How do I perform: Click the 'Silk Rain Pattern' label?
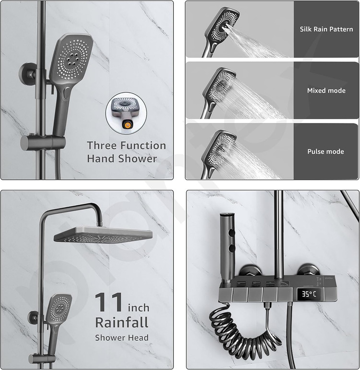(326, 29)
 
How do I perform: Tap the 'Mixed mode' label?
(326, 91)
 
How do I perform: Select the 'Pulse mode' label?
(325, 151)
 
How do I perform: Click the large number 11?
(108, 302)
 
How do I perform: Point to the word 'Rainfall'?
(122, 322)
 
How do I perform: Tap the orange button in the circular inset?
(127, 125)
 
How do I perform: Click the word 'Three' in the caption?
(100, 146)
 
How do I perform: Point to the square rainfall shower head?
(103, 235)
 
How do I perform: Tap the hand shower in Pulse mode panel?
(217, 152)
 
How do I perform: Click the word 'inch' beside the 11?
(139, 308)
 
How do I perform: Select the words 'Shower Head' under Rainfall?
(122, 338)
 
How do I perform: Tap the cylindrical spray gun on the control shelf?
(227, 248)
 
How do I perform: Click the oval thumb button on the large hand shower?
(66, 93)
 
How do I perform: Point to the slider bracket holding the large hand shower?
(42, 142)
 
